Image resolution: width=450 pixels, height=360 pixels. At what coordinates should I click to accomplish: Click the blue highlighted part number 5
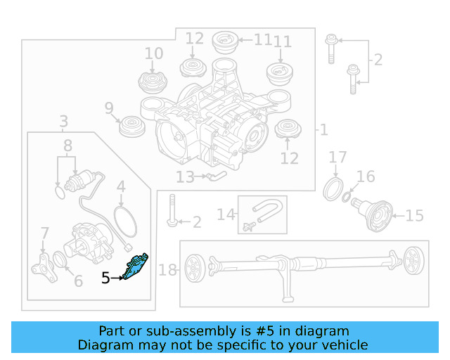(136, 266)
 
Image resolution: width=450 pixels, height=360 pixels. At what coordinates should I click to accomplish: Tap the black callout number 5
(105, 278)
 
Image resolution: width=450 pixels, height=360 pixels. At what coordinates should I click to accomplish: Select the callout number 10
(154, 53)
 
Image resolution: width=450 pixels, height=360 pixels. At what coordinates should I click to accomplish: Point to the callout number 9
(109, 108)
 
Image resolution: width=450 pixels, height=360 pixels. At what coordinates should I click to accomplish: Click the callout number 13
(185, 177)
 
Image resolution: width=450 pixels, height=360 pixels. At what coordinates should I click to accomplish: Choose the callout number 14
(226, 214)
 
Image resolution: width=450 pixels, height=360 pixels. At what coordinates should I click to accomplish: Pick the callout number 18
(167, 270)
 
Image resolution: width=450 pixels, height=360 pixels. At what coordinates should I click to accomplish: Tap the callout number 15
(414, 216)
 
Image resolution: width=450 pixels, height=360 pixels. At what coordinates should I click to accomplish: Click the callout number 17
(337, 157)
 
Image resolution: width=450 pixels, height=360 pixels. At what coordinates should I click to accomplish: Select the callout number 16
(366, 176)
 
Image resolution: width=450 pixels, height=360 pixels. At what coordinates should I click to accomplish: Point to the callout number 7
(45, 233)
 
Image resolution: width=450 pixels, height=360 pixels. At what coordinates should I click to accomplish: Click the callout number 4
(121, 186)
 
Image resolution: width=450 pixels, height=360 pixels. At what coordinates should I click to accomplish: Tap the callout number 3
(64, 122)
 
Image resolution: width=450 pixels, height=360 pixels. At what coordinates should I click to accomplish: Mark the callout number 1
(324, 130)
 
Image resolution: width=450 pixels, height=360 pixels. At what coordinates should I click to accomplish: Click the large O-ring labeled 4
(125, 221)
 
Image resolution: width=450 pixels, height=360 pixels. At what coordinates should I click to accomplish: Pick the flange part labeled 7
(44, 268)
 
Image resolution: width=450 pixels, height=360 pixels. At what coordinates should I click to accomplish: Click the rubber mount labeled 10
(153, 82)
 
